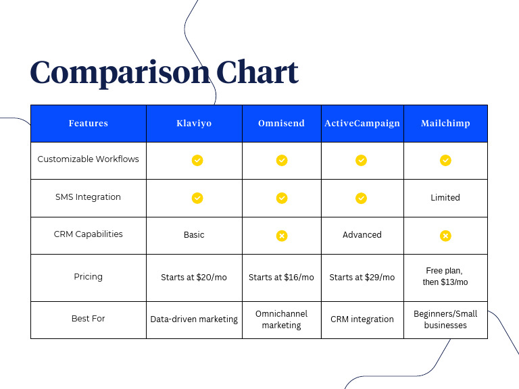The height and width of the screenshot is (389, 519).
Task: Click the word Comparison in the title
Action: [120, 73]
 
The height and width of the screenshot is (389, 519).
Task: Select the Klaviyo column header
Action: [194, 124]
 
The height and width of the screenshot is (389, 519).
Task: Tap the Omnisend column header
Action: [281, 124]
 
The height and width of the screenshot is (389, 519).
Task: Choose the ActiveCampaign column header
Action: [362, 124]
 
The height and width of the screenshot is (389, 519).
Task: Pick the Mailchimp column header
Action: [445, 124]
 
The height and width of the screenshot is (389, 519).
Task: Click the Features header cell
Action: [89, 124]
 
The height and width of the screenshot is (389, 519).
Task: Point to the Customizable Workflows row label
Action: [89, 159]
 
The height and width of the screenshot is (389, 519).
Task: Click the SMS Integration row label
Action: [89, 197]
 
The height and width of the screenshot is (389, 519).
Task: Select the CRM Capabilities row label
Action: [89, 234]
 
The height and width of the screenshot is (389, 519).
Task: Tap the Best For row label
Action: [89, 318]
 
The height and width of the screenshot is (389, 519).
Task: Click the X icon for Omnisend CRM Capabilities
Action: [282, 236]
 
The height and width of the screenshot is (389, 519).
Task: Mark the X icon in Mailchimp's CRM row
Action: [445, 236]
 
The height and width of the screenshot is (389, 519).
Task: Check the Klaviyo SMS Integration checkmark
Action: [197, 198]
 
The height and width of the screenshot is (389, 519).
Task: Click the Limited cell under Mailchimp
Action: [445, 198]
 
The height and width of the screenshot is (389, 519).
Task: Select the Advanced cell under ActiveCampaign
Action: [362, 235]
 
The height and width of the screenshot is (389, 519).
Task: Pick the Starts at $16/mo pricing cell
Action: [281, 278]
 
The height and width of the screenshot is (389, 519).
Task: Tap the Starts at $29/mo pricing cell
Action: [362, 278]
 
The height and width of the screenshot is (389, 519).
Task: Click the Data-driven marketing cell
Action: [194, 319]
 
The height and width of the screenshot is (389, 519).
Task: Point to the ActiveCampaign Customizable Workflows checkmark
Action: [362, 160]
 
